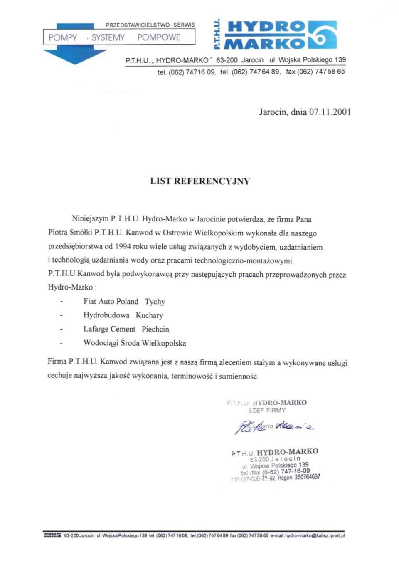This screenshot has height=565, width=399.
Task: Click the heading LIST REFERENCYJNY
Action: [200, 181]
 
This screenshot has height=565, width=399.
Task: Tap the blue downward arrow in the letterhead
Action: [75, 56]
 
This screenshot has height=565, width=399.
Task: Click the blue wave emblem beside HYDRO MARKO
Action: [322, 35]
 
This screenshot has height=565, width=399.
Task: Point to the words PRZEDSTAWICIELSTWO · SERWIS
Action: [150, 25]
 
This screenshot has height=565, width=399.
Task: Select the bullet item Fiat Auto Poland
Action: [111, 301]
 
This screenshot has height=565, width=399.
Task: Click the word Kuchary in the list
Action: [149, 315]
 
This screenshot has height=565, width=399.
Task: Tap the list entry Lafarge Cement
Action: [109, 329]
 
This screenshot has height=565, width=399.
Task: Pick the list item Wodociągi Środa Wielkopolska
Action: [135, 343]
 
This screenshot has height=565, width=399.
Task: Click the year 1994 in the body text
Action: [123, 247]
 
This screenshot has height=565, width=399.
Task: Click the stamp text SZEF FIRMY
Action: [267, 410]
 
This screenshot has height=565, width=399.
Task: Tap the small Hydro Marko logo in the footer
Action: [52, 535]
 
